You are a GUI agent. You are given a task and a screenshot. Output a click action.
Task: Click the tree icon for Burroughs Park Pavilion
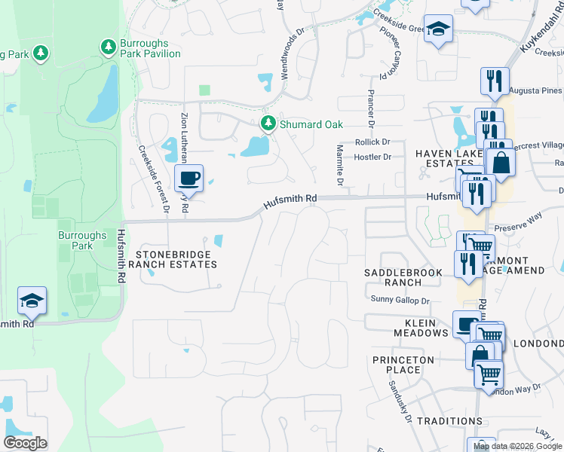pyautogui.click(x=109, y=47)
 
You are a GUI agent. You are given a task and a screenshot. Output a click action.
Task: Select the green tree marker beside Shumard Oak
pyautogui.click(x=267, y=123)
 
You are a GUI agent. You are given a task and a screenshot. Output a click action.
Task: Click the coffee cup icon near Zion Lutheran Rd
pyautogui.click(x=189, y=179)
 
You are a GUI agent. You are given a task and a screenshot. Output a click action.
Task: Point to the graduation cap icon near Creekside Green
pyautogui.click(x=437, y=30)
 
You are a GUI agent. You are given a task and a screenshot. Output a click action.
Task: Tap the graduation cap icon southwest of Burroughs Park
pyautogui.click(x=32, y=301)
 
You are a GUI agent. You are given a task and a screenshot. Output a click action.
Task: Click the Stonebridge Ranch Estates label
pyautogui.click(x=173, y=258)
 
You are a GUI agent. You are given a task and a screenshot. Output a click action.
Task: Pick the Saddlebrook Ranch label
pyautogui.click(x=393, y=276)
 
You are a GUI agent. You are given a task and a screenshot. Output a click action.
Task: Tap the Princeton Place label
pyautogui.click(x=403, y=365)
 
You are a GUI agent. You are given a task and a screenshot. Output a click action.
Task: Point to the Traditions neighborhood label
pyautogui.click(x=449, y=420)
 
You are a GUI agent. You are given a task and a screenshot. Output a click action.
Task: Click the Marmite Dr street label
pyautogui.click(x=340, y=166)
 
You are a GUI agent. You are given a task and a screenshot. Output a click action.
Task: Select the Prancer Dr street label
pyautogui.click(x=370, y=107)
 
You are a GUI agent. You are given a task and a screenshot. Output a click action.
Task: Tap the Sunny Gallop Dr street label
pyautogui.click(x=400, y=300)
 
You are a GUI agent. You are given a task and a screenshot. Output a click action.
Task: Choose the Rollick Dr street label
pyautogui.click(x=375, y=142)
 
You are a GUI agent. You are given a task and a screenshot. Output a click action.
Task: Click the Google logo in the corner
pyautogui.click(x=25, y=443)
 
